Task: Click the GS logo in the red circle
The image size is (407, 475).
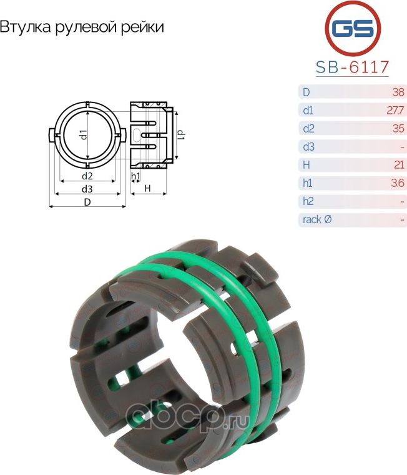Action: click(x=353, y=29)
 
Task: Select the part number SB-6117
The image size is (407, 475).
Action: click(x=352, y=67)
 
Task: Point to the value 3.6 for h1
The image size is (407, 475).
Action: click(x=398, y=183)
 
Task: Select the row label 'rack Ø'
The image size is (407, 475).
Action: click(x=317, y=219)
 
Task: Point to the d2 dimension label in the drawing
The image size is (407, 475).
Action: click(x=87, y=176)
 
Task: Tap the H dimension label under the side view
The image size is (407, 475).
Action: click(x=148, y=188)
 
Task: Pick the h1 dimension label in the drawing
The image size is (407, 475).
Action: click(x=135, y=176)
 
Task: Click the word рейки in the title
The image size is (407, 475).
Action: click(x=142, y=27)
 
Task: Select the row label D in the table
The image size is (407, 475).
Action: click(x=306, y=92)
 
